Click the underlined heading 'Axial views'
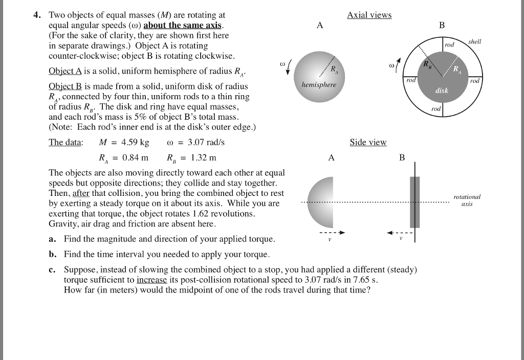point(369,15)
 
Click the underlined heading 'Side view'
point(368,142)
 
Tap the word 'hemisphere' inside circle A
point(319,85)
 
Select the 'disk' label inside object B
point(441,91)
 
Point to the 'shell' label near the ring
point(474,41)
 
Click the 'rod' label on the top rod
point(449,46)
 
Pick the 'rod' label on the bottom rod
point(435,109)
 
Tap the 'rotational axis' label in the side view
point(467,199)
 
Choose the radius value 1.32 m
point(198,157)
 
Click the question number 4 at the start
point(36,15)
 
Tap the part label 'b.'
point(52,254)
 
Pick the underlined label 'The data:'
point(65,142)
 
